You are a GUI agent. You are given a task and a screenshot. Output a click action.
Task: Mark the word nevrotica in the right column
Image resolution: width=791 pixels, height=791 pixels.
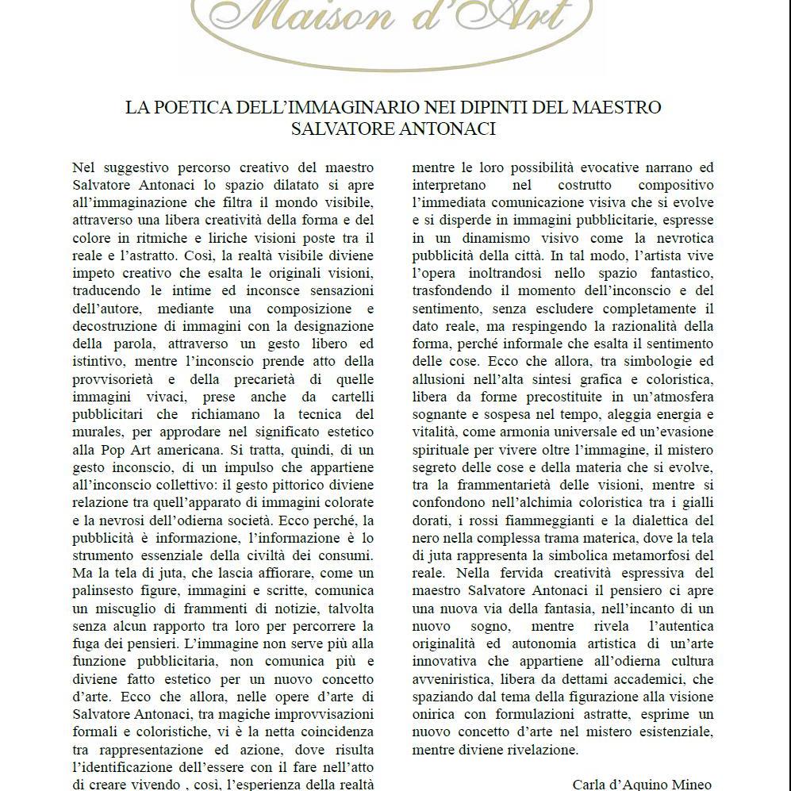678,238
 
